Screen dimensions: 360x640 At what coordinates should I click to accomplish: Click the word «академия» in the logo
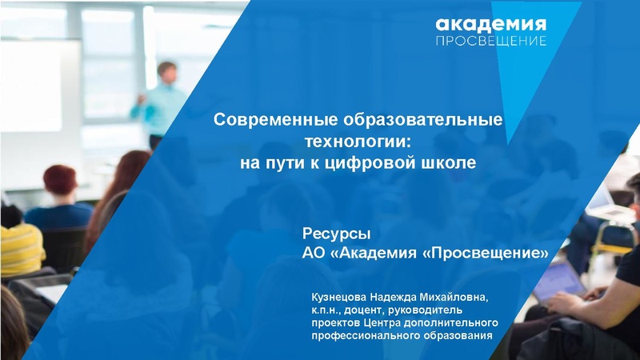coord(491,24)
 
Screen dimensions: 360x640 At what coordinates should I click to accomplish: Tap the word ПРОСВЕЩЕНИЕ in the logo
coord(491,41)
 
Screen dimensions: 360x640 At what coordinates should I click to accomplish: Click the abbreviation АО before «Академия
coord(314,254)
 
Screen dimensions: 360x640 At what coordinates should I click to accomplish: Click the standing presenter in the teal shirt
coord(165,100)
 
